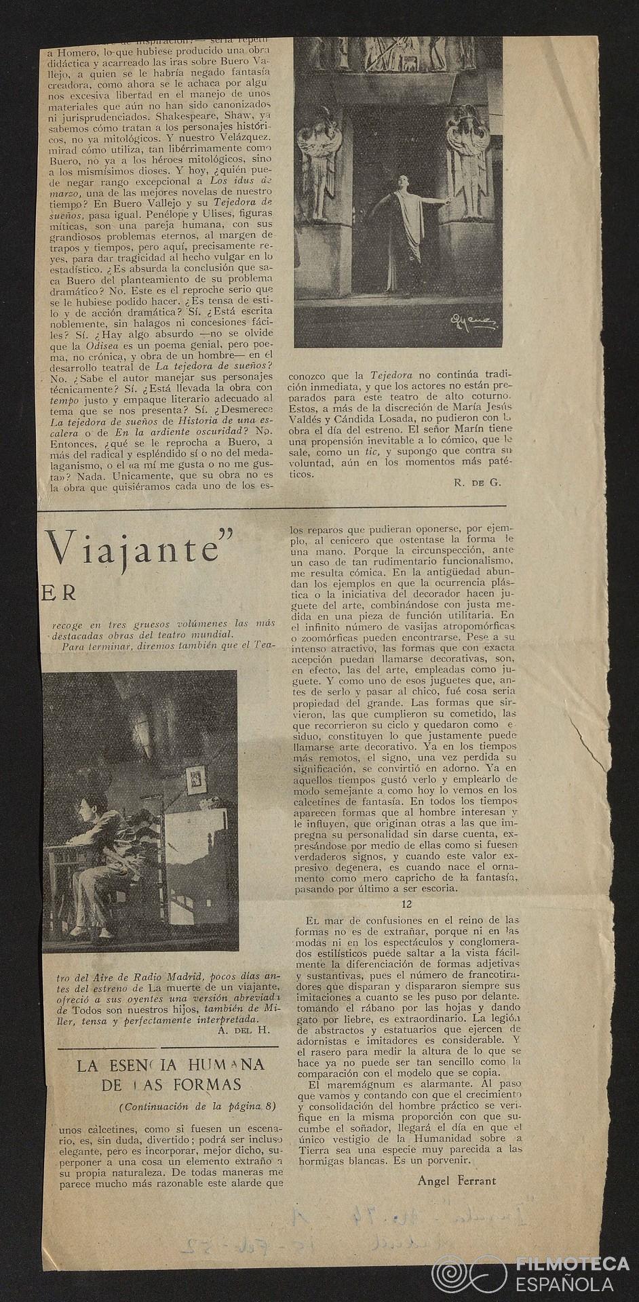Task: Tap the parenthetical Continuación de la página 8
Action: pyautogui.click(x=197, y=1107)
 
